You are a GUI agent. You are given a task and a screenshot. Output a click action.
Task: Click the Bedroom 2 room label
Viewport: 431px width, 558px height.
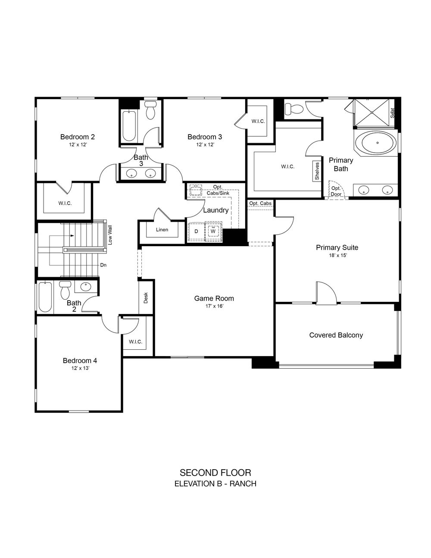tap(78, 137)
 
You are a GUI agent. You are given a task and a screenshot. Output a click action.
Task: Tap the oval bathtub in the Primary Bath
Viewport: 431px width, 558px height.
tap(377, 143)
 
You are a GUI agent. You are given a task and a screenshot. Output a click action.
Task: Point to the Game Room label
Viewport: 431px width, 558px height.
tap(214, 298)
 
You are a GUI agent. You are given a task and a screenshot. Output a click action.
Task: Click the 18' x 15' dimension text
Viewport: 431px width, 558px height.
tap(338, 256)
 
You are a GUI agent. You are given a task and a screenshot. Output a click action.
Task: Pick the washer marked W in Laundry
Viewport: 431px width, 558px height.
tap(213, 231)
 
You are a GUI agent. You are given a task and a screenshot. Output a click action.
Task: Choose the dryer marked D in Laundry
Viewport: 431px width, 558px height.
tap(196, 232)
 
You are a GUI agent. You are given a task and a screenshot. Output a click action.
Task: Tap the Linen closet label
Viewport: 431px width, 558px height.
tap(162, 229)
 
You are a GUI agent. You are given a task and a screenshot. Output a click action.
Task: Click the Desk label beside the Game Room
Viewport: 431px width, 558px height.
tap(146, 298)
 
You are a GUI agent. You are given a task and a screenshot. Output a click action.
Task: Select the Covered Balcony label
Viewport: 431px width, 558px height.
tap(336, 335)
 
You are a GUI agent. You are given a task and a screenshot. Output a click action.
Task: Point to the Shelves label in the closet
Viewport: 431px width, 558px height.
tap(317, 171)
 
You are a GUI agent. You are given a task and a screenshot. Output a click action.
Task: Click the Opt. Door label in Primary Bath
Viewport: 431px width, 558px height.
tap(336, 191)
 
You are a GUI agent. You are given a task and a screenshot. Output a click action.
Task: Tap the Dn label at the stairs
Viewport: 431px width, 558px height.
tap(103, 265)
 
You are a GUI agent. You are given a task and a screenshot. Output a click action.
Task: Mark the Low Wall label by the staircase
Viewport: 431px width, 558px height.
tap(110, 235)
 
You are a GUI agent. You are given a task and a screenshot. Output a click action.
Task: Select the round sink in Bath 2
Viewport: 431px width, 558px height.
tap(86, 287)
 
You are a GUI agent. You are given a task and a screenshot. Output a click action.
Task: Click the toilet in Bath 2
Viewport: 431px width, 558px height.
tap(65, 290)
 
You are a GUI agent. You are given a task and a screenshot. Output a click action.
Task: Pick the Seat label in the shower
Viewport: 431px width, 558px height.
tap(392, 113)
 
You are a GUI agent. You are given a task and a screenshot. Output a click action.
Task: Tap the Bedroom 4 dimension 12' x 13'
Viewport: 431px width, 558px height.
tap(80, 368)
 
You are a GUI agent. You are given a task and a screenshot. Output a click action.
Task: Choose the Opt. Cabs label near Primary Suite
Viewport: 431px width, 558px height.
tap(260, 203)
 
